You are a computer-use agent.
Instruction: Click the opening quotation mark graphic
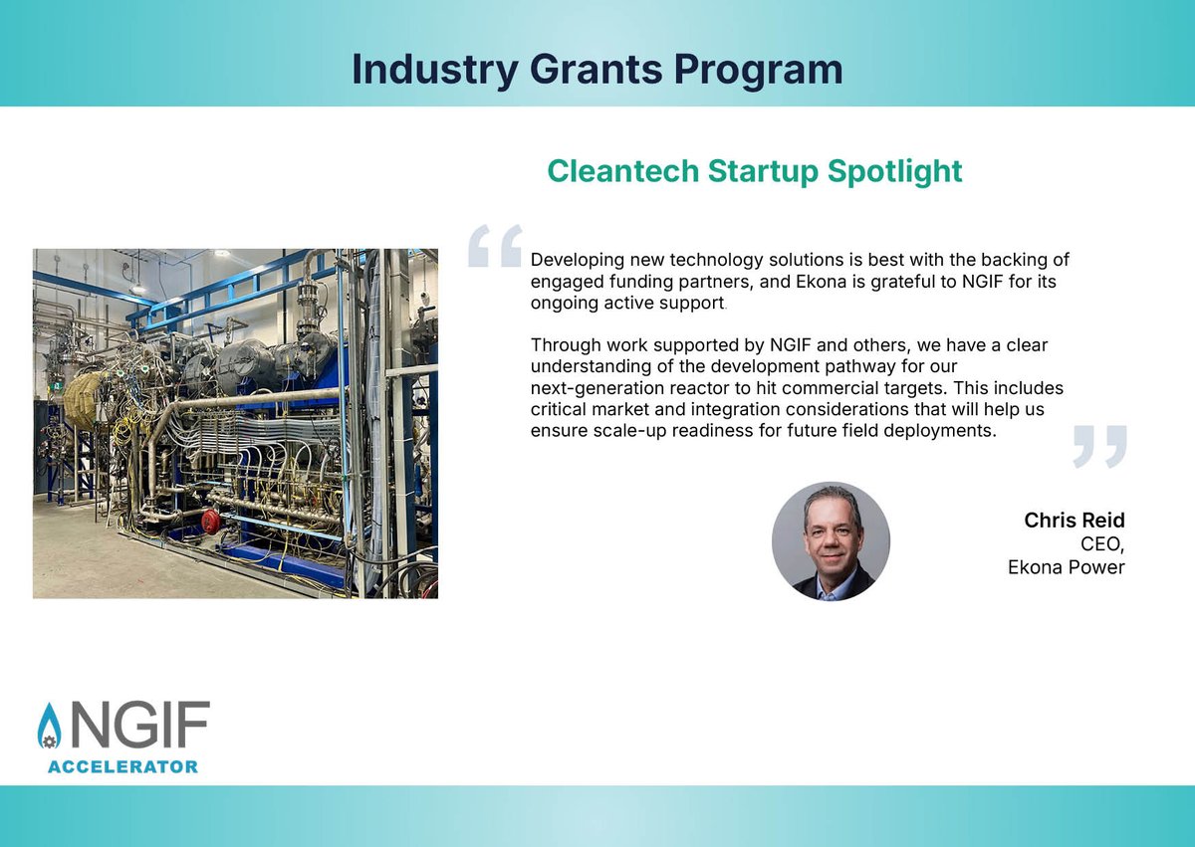(x=495, y=246)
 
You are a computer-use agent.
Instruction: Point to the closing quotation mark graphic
(x=1100, y=446)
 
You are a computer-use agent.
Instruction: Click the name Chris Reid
(x=1075, y=522)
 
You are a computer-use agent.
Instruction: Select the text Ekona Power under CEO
(x=1066, y=567)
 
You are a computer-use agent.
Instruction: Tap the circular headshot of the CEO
(x=831, y=542)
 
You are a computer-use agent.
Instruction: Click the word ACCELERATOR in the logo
(x=122, y=766)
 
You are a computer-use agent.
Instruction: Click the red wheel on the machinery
(x=210, y=521)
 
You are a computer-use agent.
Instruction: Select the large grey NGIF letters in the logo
(x=139, y=727)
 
